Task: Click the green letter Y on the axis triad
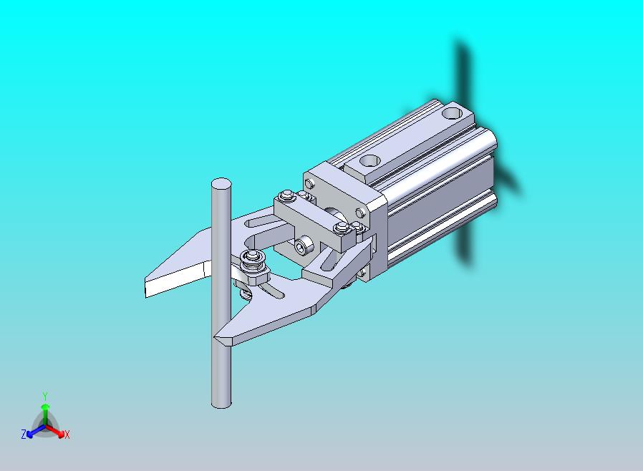point(45,396)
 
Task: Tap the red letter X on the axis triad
point(67,434)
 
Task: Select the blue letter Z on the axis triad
point(24,434)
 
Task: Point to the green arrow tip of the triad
point(45,407)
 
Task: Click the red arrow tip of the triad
point(62,434)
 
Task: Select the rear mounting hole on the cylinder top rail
point(453,112)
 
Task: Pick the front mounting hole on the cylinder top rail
point(369,160)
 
